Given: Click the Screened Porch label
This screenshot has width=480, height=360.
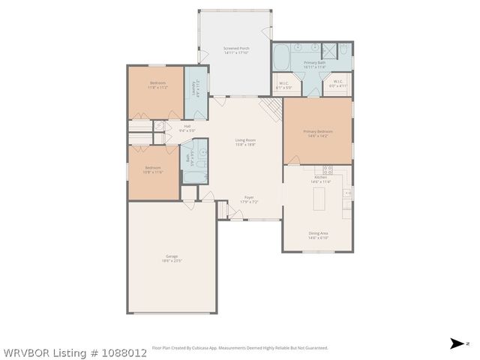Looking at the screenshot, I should click(236, 50).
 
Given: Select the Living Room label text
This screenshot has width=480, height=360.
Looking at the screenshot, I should click(245, 142).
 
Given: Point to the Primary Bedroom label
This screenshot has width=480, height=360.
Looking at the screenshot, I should click(317, 133).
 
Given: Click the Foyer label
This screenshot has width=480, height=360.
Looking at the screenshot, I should click(248, 199).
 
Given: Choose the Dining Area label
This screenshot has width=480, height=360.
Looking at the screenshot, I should click(318, 235).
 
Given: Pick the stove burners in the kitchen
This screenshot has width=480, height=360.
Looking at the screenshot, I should click(328, 169).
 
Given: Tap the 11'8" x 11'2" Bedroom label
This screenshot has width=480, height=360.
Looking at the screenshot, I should click(157, 85).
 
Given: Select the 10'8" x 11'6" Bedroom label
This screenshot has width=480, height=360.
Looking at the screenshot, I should click(153, 170).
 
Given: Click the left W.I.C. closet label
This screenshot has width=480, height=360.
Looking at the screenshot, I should click(283, 85).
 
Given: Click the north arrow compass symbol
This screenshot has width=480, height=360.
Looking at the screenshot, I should click(457, 343).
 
